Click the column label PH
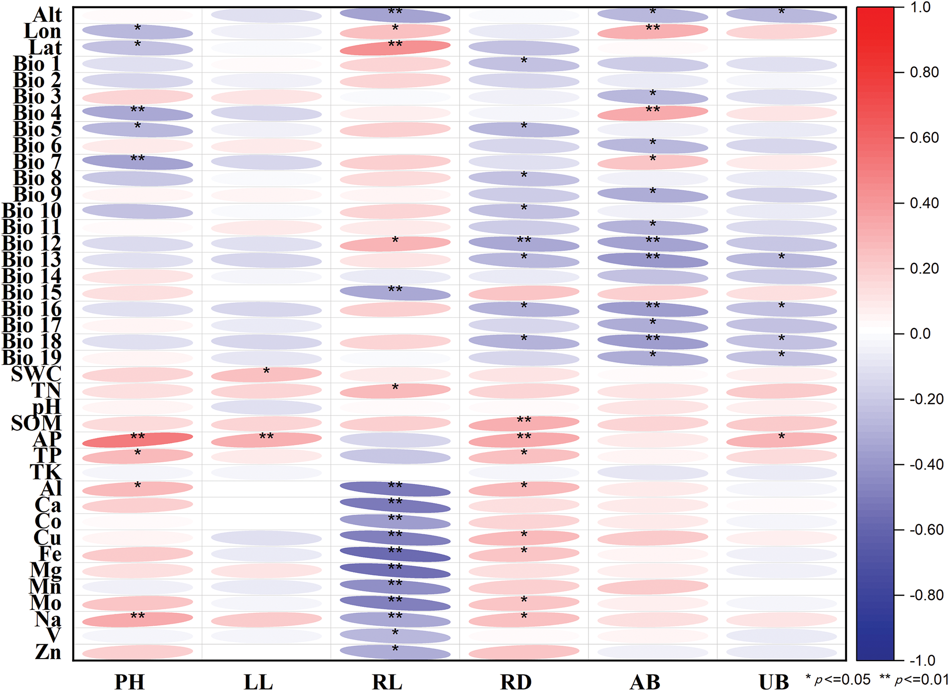click(x=129, y=681)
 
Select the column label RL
click(x=387, y=681)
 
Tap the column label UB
click(x=773, y=681)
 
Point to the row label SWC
click(x=36, y=374)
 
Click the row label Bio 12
click(x=32, y=243)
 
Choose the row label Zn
click(x=48, y=652)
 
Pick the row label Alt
click(x=47, y=15)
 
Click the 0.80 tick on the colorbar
click(x=924, y=73)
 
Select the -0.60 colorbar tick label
click(x=926, y=530)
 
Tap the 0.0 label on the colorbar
click(x=920, y=334)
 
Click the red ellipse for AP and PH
click(x=137, y=440)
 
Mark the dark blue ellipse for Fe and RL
click(x=395, y=554)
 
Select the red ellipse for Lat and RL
click(x=395, y=48)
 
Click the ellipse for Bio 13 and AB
click(x=653, y=260)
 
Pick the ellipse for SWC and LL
click(x=266, y=374)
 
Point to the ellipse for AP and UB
click(x=781, y=440)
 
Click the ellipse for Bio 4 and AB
click(x=653, y=113)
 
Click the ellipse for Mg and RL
click(x=395, y=571)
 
